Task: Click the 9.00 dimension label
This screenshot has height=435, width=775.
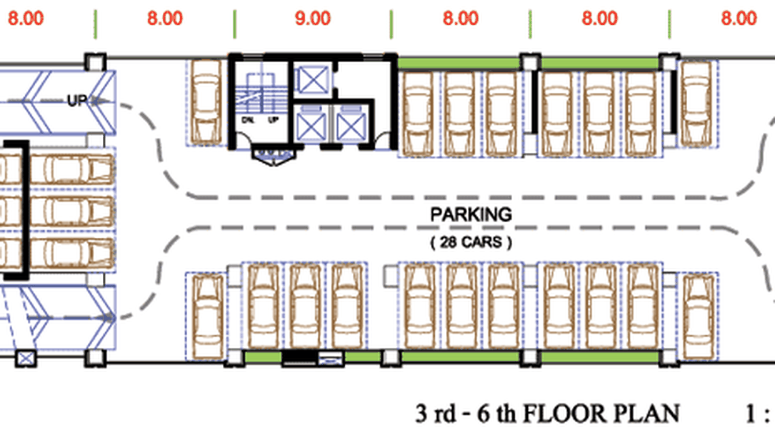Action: click(x=313, y=18)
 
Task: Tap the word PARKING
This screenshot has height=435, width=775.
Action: click(x=471, y=214)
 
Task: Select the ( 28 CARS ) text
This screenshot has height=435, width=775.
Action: click(x=471, y=242)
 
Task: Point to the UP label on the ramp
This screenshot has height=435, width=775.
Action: click(x=76, y=100)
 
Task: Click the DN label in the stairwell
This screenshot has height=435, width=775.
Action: click(x=247, y=120)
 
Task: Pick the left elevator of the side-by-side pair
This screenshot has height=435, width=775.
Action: click(x=311, y=125)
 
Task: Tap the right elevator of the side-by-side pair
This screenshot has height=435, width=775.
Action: click(x=351, y=125)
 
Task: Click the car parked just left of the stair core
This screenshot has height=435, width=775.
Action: click(x=206, y=102)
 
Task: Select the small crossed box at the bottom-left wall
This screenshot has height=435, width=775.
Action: click(x=26, y=359)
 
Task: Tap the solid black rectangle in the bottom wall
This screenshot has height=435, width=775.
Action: click(x=300, y=358)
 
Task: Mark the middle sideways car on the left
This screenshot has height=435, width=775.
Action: click(x=72, y=211)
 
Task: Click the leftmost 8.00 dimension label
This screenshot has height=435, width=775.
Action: click(x=26, y=18)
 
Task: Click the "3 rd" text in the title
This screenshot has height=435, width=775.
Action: click(x=435, y=413)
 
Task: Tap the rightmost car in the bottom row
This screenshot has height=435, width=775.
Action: click(x=699, y=317)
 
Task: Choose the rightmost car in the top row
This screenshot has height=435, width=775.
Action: click(x=696, y=103)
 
